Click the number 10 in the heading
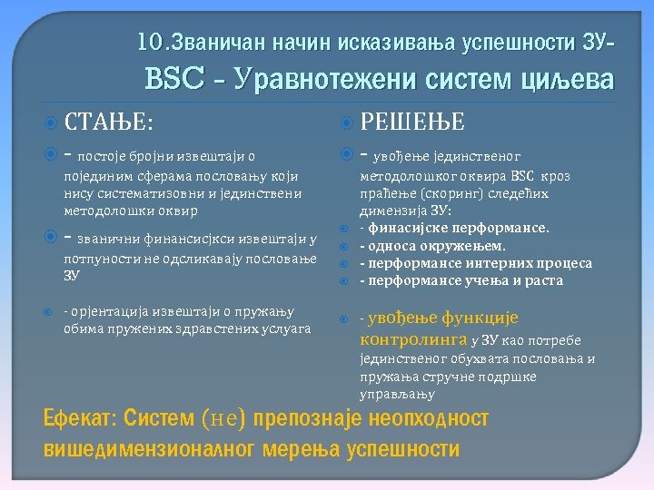point(147,43)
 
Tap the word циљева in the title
point(565,81)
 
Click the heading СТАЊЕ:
point(109,122)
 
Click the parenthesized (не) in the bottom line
point(222,419)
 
